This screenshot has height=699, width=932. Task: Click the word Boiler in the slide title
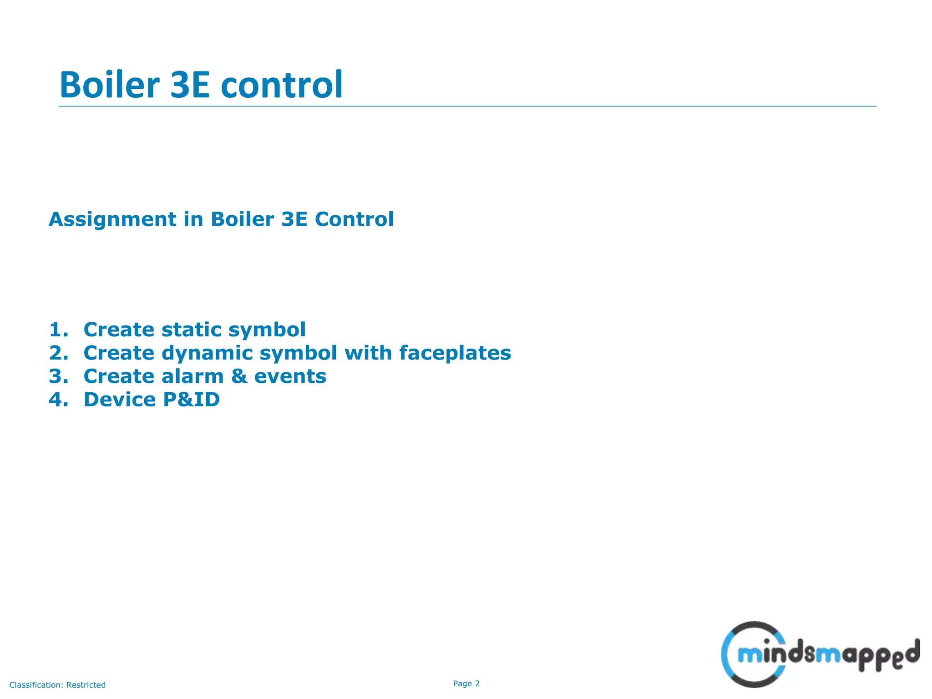click(109, 85)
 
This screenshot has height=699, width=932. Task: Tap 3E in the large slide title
click(190, 85)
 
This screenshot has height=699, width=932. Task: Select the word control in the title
click(282, 85)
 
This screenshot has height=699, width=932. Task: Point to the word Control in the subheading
click(354, 219)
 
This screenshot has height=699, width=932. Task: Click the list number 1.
click(58, 329)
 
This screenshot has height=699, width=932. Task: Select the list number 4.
click(58, 400)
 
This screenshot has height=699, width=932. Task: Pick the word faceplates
click(455, 353)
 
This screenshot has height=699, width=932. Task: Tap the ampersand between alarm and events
click(239, 376)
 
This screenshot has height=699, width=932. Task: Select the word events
click(290, 376)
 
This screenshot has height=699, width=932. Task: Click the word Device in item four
click(120, 400)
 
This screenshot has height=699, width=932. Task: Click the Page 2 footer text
click(466, 684)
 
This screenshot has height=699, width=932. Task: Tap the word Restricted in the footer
click(86, 685)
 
